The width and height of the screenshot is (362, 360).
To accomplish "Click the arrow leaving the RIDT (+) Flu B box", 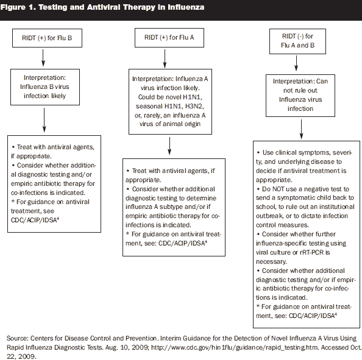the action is click(x=43, y=58).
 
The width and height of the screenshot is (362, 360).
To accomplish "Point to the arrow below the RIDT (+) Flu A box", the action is click(x=165, y=58).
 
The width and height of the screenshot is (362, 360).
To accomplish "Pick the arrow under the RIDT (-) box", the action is click(x=296, y=63).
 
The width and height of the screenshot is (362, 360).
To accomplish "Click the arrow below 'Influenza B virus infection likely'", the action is click(x=44, y=120).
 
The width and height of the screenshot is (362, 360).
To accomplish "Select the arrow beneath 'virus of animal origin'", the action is click(x=169, y=146).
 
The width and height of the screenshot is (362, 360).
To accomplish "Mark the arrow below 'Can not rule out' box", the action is click(x=301, y=129).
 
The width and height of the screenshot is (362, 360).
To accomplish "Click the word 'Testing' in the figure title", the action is click(x=52, y=7).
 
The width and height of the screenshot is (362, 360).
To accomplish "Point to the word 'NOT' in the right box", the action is click(x=278, y=189).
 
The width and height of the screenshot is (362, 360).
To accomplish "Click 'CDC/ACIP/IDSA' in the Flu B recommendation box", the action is click(x=34, y=220).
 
